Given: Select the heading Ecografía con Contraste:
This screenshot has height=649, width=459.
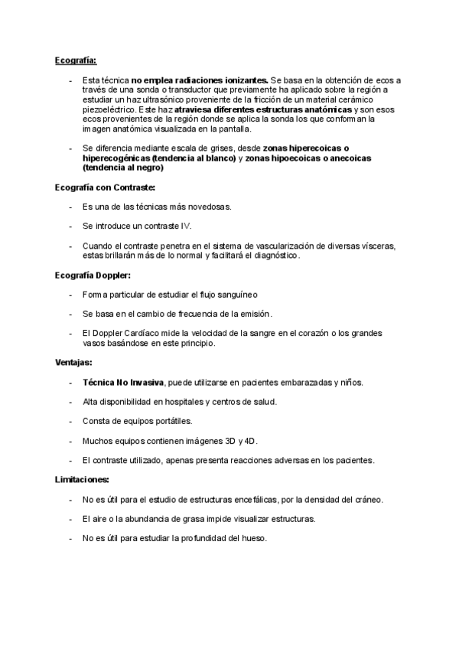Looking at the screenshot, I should [106, 188].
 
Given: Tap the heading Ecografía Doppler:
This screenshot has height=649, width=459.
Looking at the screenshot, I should [93, 275].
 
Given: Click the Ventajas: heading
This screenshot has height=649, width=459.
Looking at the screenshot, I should [73, 362].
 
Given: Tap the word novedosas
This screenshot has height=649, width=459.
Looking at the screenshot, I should [207, 207].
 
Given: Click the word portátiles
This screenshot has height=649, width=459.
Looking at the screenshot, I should [171, 421].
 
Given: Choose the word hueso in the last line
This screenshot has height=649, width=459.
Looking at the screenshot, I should [252, 538].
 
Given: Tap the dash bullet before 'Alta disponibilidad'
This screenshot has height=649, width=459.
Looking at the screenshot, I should [71, 402].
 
